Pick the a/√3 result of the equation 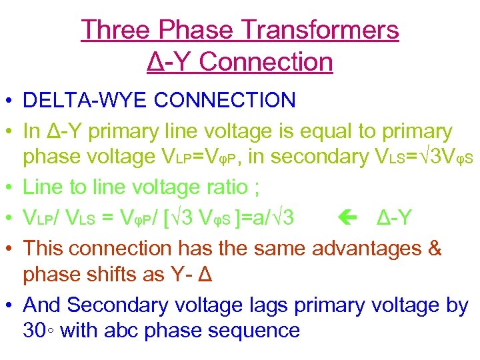[x=278, y=217]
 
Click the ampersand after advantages [x=434, y=247]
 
